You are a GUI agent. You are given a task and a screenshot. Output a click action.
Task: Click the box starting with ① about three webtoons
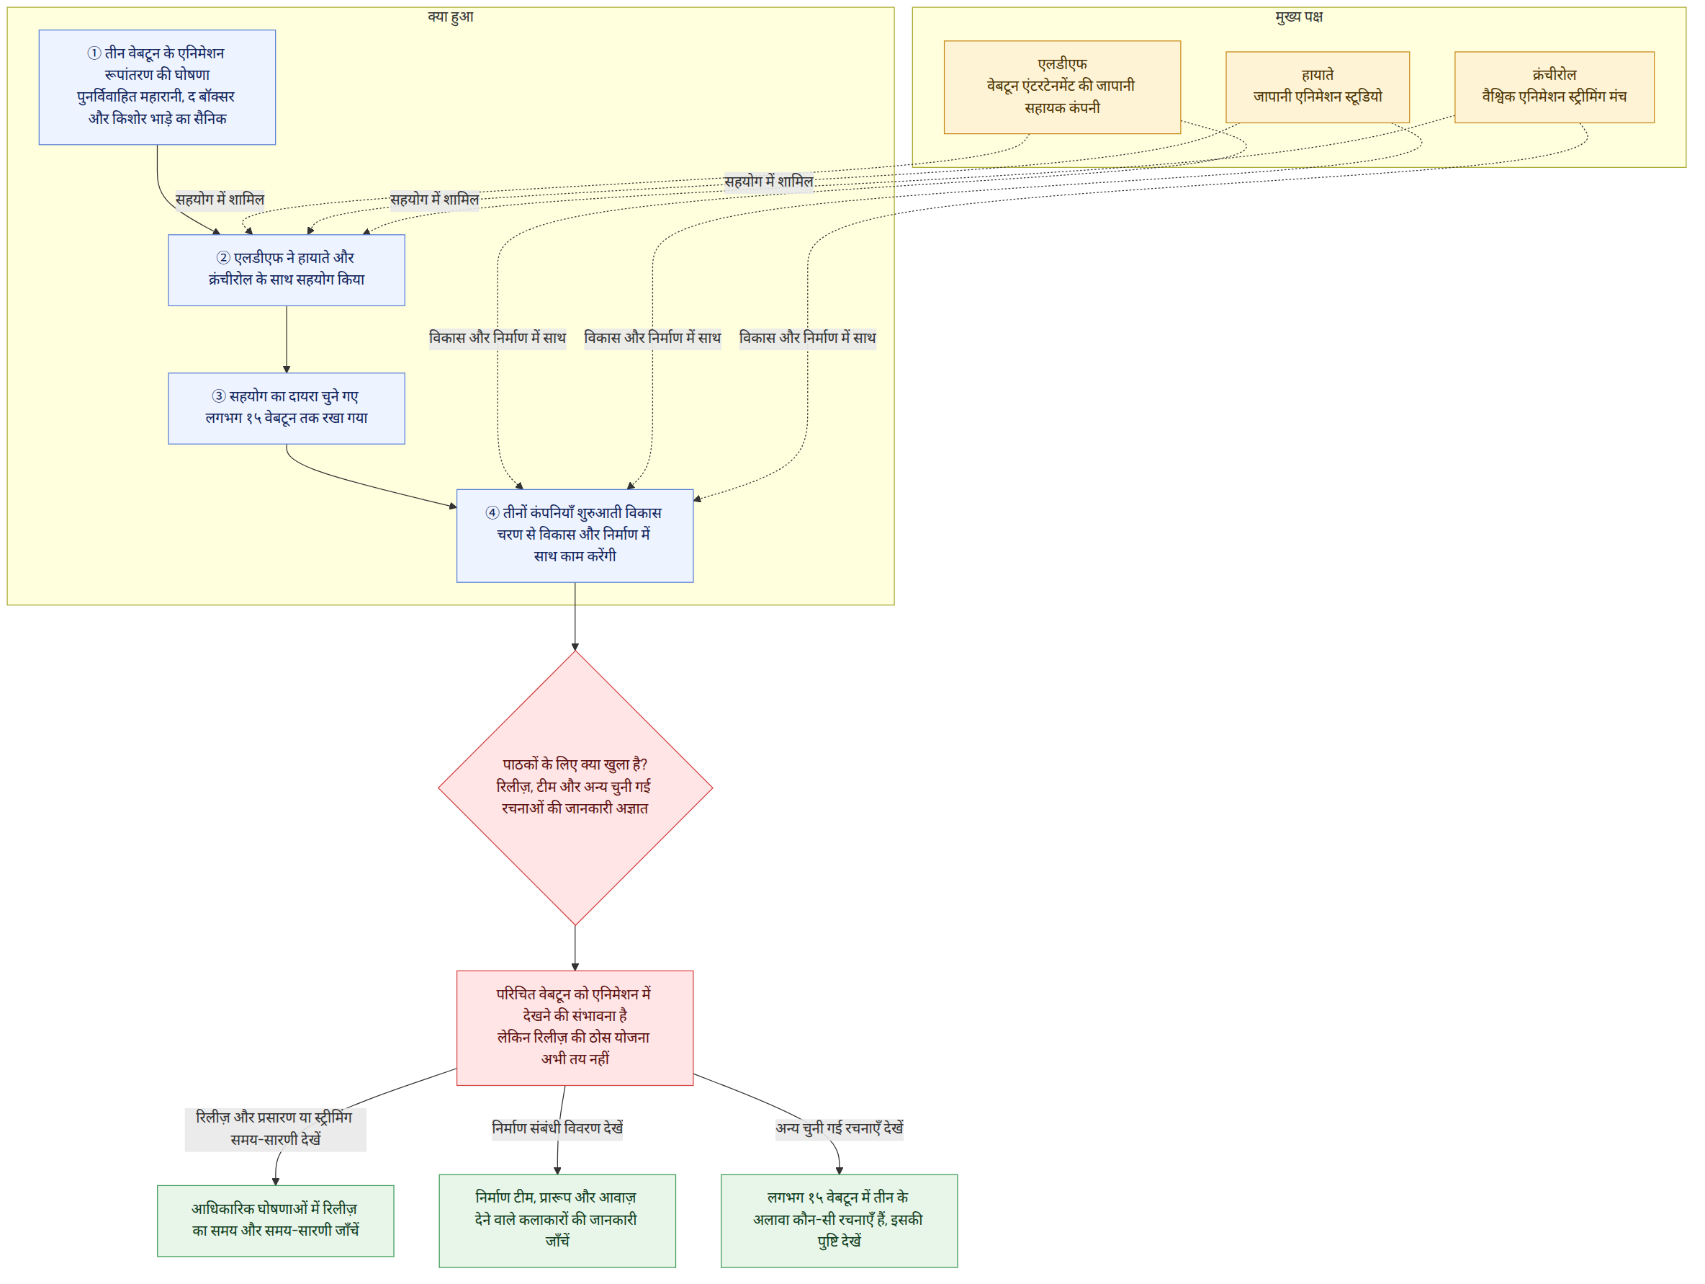(157, 87)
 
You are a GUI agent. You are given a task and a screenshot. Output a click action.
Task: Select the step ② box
(287, 270)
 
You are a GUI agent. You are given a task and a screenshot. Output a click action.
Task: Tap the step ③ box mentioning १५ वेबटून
(287, 409)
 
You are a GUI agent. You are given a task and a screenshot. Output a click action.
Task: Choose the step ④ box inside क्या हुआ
(575, 536)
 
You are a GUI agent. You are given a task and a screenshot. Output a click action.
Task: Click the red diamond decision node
(575, 788)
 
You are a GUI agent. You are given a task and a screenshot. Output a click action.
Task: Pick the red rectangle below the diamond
(575, 1028)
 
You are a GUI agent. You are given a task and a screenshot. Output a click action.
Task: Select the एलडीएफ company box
(1062, 87)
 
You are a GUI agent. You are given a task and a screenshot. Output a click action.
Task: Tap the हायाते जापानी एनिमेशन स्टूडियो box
(1318, 87)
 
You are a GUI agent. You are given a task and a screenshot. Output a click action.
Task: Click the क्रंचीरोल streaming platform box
(1554, 87)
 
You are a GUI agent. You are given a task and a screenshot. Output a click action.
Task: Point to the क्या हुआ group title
(451, 16)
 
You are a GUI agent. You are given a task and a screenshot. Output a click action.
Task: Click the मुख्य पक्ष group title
(1299, 16)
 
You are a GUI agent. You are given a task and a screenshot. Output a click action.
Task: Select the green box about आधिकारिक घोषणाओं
(276, 1221)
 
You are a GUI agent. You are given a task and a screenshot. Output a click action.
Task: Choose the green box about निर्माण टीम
(557, 1221)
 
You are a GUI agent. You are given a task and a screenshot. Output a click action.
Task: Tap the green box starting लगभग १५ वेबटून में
(840, 1221)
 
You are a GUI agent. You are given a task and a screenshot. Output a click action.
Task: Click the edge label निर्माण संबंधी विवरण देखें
(557, 1128)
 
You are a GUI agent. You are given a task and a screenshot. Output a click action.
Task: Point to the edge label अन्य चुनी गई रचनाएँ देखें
(840, 1128)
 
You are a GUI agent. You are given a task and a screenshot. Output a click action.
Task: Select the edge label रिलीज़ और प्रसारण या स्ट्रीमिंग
(274, 1118)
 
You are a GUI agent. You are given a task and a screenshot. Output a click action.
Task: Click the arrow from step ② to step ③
(287, 339)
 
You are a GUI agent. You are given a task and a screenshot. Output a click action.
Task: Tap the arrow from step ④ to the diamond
(575, 617)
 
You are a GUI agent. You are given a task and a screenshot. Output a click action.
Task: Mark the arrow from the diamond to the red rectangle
(575, 948)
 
